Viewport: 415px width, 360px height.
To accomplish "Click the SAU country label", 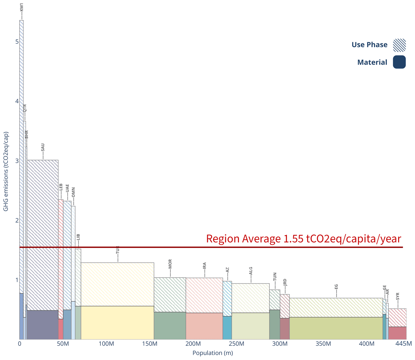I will [x=43, y=147].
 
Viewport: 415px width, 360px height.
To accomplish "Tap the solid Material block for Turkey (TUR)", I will [x=117, y=323].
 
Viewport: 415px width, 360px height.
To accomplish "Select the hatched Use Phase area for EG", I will [x=336, y=307].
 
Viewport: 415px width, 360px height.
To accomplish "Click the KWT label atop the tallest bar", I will [x=21, y=8].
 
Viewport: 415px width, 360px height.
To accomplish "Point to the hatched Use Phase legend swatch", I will [x=399, y=45].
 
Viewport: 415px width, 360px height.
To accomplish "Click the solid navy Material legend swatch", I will [x=399, y=62].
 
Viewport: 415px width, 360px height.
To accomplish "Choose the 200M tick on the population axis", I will [x=193, y=344].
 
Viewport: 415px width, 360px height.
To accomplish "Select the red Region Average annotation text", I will [x=303, y=239].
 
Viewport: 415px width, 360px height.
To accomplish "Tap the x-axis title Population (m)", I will [x=212, y=353].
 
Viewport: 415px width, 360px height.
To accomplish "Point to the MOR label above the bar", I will [x=170, y=264].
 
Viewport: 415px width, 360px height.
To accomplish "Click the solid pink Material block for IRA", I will [x=204, y=326].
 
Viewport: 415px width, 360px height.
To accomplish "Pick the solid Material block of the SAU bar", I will [x=42, y=325].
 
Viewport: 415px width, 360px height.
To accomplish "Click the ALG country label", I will [x=251, y=270].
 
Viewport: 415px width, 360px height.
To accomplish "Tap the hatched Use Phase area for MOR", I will [x=170, y=295].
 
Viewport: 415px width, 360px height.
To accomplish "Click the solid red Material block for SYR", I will [x=397, y=333].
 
